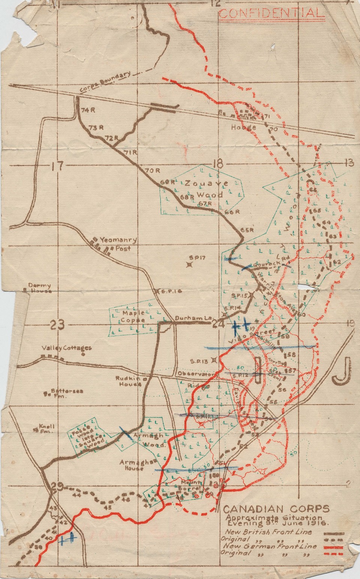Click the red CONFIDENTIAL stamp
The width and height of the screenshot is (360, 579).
[x=270, y=14]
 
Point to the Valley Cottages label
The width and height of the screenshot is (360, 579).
[x=66, y=347]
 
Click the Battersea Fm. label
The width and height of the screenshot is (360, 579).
[x=66, y=393]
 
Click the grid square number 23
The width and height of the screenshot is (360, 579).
[x=58, y=325]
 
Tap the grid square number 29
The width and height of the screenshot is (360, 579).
[x=57, y=487]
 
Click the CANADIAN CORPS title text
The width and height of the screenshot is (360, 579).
[x=277, y=509]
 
